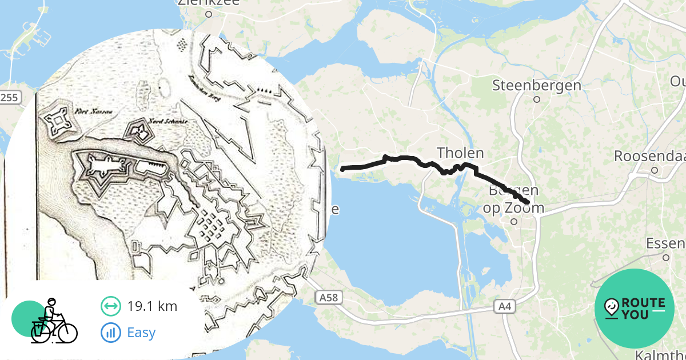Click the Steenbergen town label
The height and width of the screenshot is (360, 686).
coord(537,86)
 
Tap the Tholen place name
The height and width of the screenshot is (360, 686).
coord(460,153)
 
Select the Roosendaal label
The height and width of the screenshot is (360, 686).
coord(649,156)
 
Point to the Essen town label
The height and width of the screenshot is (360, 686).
coord(665,244)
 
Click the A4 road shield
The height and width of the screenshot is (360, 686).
coord(504,307)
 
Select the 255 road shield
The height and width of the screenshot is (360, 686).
coord(9,98)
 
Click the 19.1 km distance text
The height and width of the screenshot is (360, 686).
coord(152,306)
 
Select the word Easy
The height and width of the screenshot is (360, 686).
coord(141,332)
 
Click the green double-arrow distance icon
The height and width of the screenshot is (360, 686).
coord(110,306)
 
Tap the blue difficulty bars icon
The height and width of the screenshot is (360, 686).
coord(110,332)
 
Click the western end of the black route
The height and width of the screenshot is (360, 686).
coord(342,169)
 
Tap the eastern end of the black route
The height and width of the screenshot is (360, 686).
coord(527,202)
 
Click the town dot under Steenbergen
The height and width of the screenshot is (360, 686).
coord(537,99)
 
